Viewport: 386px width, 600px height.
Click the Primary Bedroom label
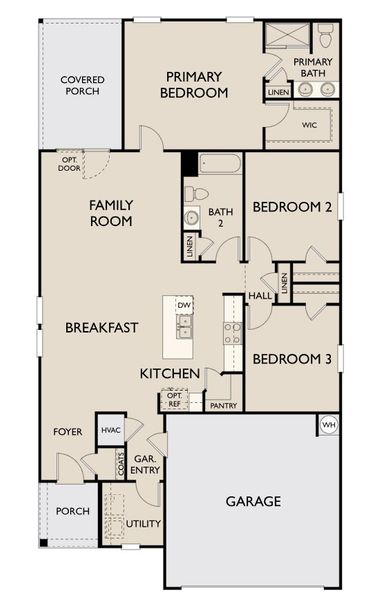click(x=197, y=84)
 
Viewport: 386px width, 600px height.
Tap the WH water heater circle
click(x=328, y=425)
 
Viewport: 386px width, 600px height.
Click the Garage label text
click(x=252, y=502)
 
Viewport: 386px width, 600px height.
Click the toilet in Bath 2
click(x=197, y=193)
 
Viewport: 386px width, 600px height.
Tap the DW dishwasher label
click(x=184, y=305)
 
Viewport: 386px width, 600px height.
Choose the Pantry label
click(x=222, y=405)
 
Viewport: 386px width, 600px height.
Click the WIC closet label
click(x=310, y=125)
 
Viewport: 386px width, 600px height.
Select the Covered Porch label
click(x=83, y=87)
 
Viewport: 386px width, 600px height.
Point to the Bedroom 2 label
click(x=292, y=207)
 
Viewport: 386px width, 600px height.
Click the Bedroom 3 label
click(x=292, y=359)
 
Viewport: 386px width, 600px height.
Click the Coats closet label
click(x=120, y=465)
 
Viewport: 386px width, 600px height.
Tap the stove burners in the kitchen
click(x=232, y=332)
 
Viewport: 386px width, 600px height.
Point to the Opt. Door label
click(x=70, y=163)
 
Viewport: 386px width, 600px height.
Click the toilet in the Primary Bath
click(x=324, y=38)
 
